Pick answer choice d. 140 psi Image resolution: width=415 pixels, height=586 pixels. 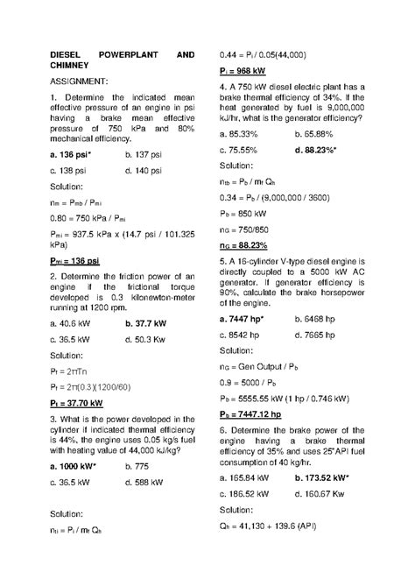[x=144, y=170]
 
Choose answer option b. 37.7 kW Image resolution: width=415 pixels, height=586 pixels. [x=145, y=324]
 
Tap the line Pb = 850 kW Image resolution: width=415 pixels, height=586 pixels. [x=243, y=213]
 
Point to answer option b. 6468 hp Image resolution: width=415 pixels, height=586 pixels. [x=320, y=319]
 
